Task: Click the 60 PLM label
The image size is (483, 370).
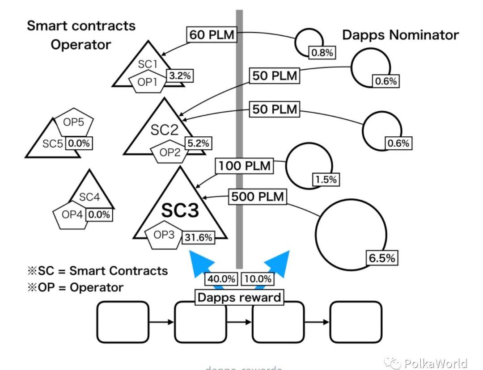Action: coord(212,35)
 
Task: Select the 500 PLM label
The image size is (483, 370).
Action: coord(257,197)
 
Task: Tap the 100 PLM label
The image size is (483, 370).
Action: coord(245,166)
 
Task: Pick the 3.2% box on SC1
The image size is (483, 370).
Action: coord(180,76)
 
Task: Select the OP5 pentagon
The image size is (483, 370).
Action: coord(74,123)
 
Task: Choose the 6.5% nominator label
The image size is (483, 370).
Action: coord(382,258)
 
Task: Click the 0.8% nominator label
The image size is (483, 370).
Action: coord(322,53)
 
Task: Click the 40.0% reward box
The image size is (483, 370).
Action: coord(221,279)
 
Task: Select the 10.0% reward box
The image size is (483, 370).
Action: coord(258,279)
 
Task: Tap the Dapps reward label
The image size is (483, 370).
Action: coord(239,297)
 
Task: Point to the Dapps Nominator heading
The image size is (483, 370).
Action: coord(400,35)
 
